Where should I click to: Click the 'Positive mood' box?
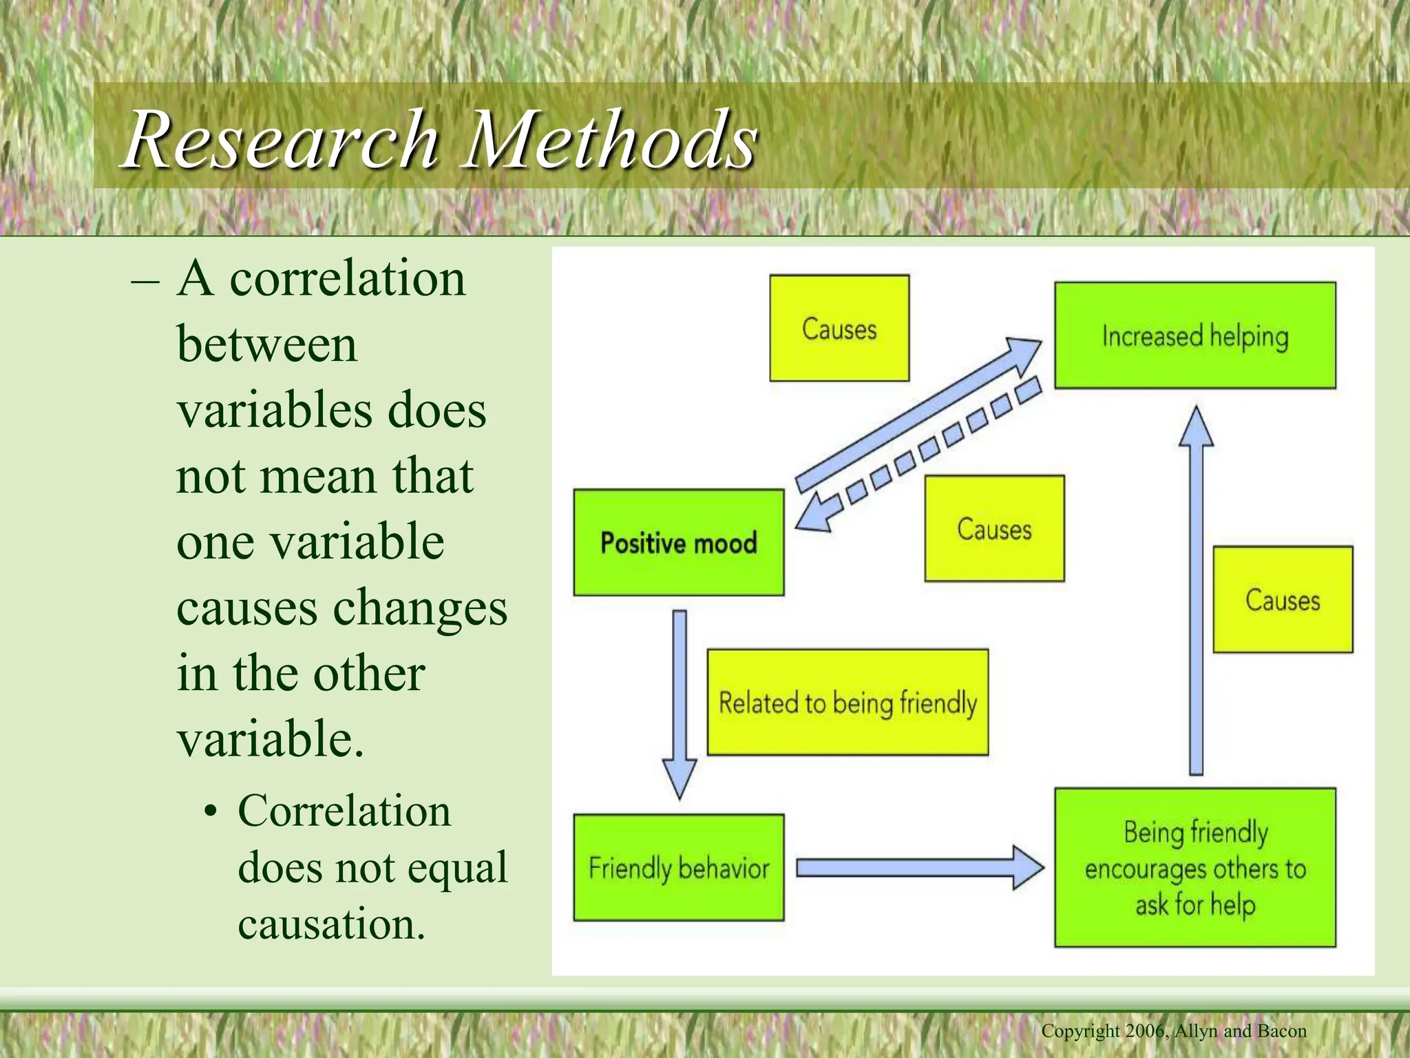pyautogui.click(x=678, y=543)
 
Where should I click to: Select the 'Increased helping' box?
pyautogui.click(x=1195, y=335)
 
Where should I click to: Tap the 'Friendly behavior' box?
pyautogui.click(x=678, y=867)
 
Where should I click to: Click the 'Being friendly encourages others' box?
pyautogui.click(x=1195, y=867)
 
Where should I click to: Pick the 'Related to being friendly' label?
pyautogui.click(x=848, y=703)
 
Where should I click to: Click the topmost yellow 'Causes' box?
pyautogui.click(x=839, y=329)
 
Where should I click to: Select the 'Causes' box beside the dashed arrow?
pyautogui.click(x=993, y=528)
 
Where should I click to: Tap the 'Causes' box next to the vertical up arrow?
pyautogui.click(x=1282, y=599)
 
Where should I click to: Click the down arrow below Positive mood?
pyautogui.click(x=680, y=703)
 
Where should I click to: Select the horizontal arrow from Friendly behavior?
pyautogui.click(x=919, y=868)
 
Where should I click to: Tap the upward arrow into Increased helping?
pyautogui.click(x=1196, y=592)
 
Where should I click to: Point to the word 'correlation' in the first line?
pyautogui.click(x=347, y=279)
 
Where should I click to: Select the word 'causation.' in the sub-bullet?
pyautogui.click(x=331, y=924)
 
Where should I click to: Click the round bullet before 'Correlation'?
pyautogui.click(x=211, y=812)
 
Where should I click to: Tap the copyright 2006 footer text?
pyautogui.click(x=1173, y=1031)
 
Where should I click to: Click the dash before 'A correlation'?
pyautogui.click(x=145, y=282)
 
